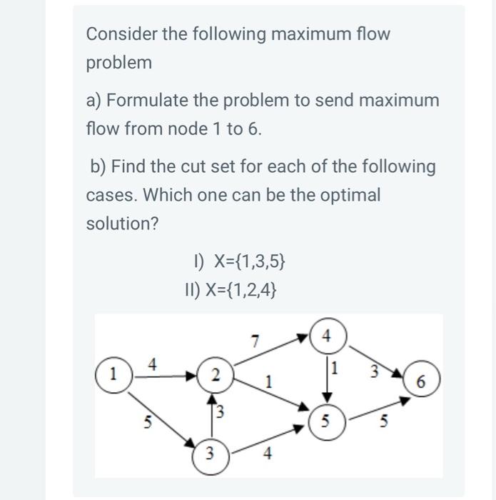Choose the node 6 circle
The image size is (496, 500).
point(421,383)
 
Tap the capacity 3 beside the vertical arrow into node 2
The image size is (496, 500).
point(221,411)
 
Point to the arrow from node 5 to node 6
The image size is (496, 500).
point(378,409)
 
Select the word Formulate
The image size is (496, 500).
point(149,101)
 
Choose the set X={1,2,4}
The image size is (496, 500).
point(231,290)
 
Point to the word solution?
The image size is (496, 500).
point(122,224)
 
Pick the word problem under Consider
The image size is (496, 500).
point(119,63)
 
